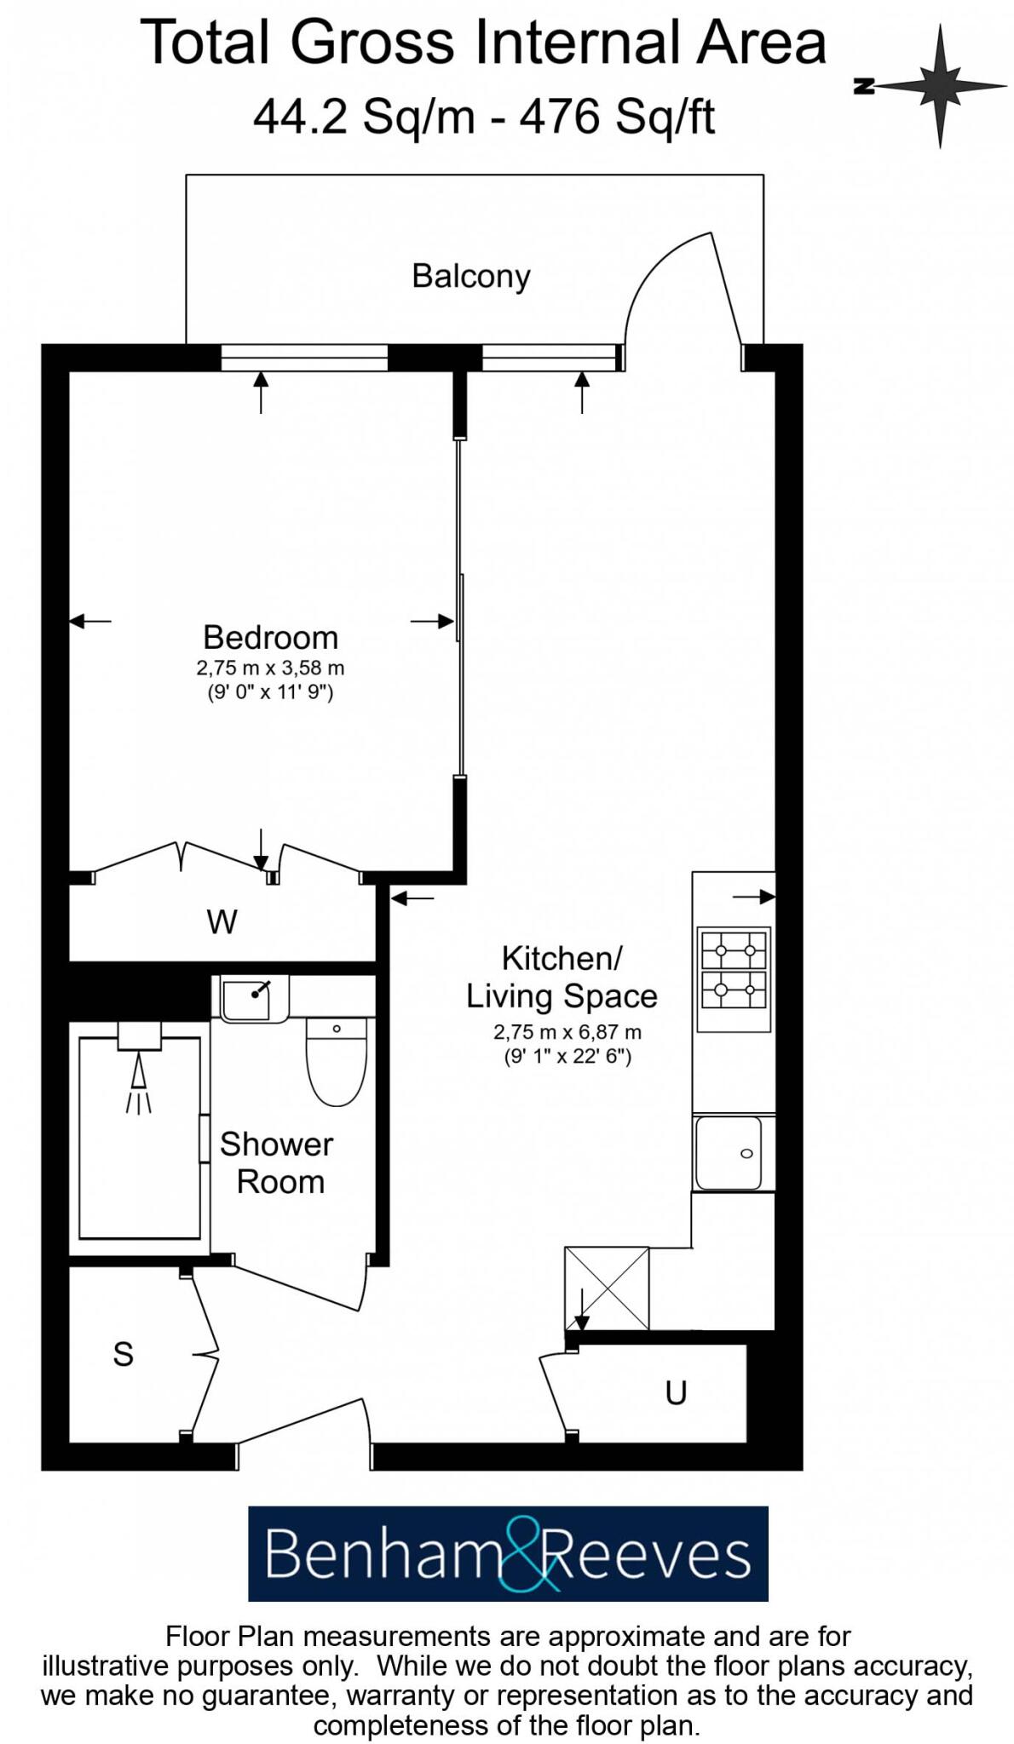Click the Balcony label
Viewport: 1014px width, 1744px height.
point(470,276)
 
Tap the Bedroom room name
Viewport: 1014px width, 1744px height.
point(270,637)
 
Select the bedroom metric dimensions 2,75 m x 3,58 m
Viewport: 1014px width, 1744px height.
point(270,668)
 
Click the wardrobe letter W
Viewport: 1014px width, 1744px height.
point(222,921)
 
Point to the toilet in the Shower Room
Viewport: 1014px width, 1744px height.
point(336,1064)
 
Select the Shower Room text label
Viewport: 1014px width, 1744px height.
point(276,1162)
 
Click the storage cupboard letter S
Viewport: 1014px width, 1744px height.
point(124,1354)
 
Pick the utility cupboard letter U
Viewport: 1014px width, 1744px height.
point(676,1393)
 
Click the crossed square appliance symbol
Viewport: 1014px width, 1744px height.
point(607,1288)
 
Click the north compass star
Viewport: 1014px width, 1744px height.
point(940,86)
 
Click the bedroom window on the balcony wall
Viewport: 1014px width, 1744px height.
point(304,359)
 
